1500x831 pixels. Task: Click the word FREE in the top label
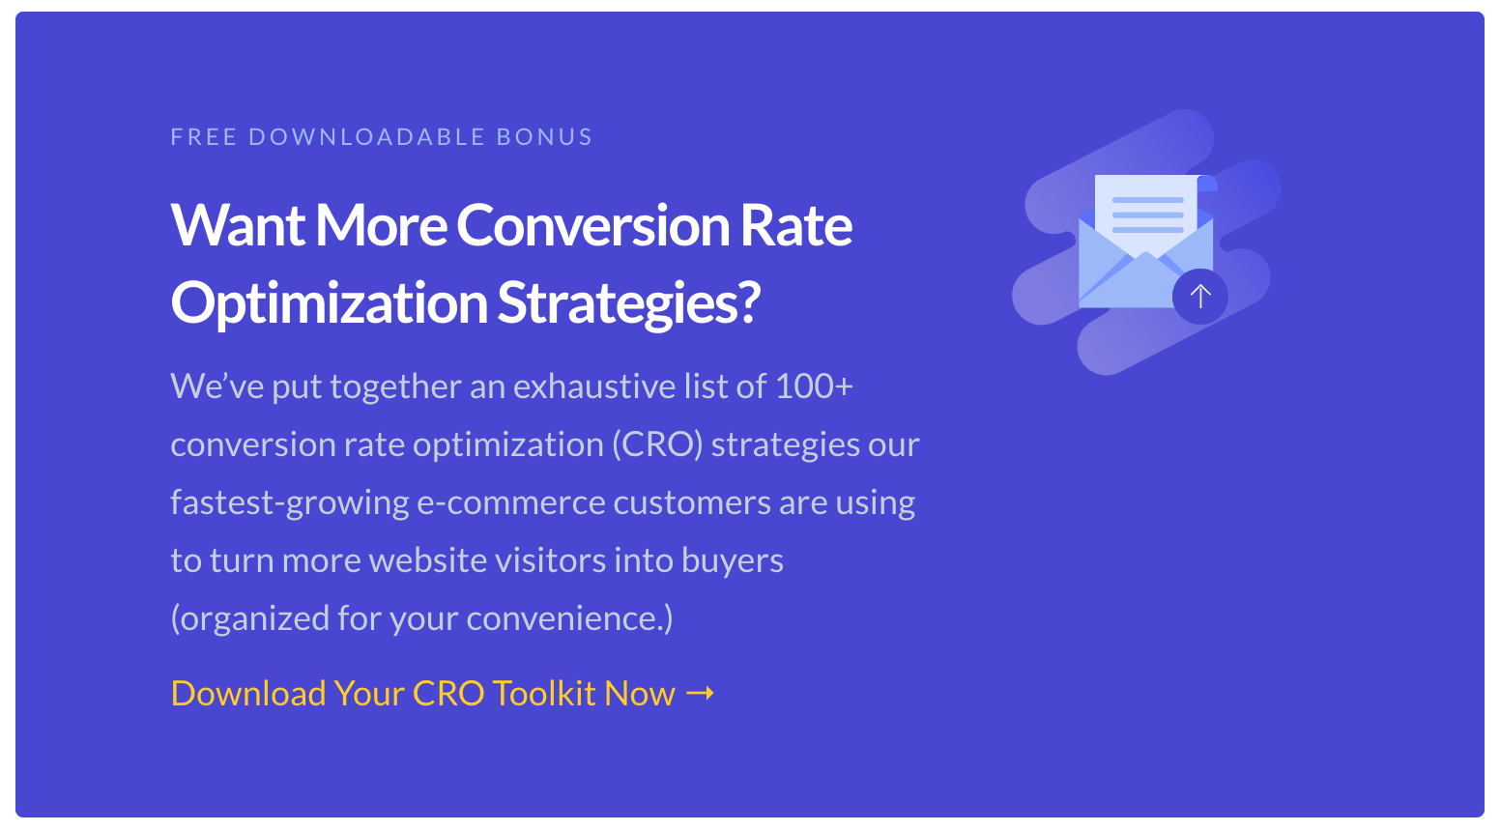[x=203, y=137]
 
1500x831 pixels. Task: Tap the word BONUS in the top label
[x=544, y=137]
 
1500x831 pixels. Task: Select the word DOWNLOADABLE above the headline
[x=366, y=137]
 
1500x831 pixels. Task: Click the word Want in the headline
[x=238, y=225]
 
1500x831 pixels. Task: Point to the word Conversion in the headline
[x=592, y=225]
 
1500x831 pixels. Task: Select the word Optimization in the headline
[x=329, y=302]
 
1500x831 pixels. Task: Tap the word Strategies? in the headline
[x=629, y=302]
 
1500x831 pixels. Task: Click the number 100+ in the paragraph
[x=814, y=387]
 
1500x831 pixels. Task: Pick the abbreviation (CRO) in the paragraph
[x=656, y=444]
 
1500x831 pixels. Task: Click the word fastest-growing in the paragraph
[x=290, y=502]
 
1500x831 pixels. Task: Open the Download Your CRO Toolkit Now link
[x=422, y=694]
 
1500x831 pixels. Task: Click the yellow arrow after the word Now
[x=700, y=693]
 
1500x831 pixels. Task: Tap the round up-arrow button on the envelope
[x=1199, y=296]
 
